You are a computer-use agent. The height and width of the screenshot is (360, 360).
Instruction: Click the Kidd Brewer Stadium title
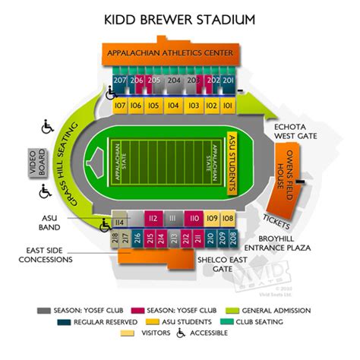click(x=179, y=19)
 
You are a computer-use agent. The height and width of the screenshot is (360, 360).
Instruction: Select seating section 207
click(x=120, y=80)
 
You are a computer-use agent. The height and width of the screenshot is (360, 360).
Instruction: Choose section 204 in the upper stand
click(x=174, y=80)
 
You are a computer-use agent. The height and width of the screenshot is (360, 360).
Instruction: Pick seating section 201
click(x=227, y=80)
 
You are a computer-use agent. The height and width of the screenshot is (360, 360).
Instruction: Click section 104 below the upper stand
click(x=173, y=106)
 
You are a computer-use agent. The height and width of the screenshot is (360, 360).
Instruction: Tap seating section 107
click(x=119, y=106)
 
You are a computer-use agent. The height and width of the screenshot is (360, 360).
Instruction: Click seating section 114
click(x=118, y=223)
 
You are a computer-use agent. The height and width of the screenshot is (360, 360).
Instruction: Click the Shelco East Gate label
click(x=222, y=264)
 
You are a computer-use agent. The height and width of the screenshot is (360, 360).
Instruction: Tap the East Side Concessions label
click(x=49, y=254)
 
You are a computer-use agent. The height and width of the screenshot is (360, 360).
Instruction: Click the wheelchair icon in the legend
click(x=182, y=332)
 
